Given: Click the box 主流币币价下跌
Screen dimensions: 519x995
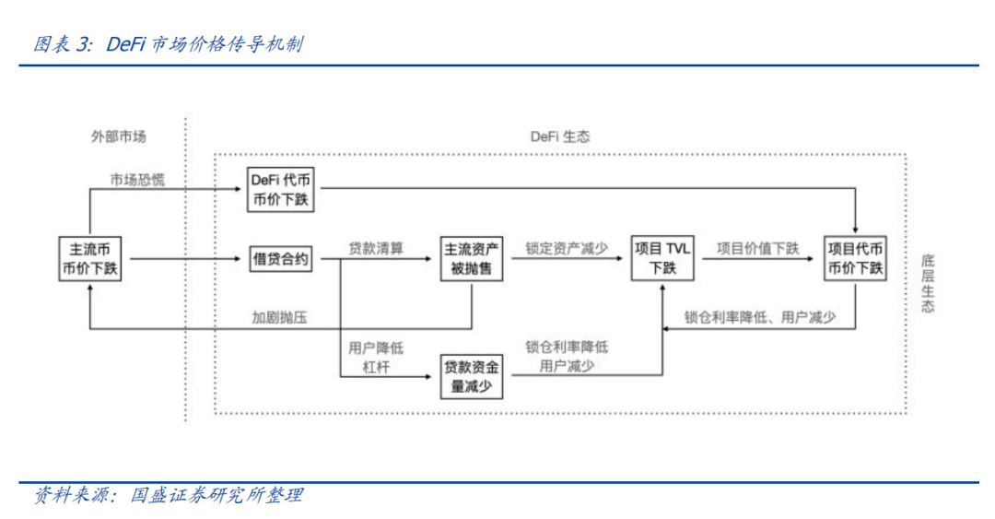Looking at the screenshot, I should tap(90, 259).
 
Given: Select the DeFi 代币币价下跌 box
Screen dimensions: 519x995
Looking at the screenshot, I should tap(280, 189).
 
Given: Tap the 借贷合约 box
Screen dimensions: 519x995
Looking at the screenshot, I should tap(280, 259).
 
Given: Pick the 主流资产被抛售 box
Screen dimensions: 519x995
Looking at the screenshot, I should tap(472, 259).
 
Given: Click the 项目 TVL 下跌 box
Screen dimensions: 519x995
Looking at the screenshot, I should tap(663, 259).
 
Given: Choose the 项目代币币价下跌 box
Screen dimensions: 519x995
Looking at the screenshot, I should tap(856, 259).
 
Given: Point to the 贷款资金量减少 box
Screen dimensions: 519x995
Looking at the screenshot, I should tap(472, 376).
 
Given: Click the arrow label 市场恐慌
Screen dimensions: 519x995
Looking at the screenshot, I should tap(136, 179).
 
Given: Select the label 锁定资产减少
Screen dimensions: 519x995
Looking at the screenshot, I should tap(567, 249).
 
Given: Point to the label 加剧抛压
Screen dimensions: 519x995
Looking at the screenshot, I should tap(279, 317).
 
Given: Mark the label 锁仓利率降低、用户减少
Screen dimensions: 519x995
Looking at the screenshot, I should tap(760, 317).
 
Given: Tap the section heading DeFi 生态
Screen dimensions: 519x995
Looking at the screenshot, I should tap(559, 136).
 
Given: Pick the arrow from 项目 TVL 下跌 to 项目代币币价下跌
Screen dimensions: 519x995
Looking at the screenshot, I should tap(761, 260).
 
